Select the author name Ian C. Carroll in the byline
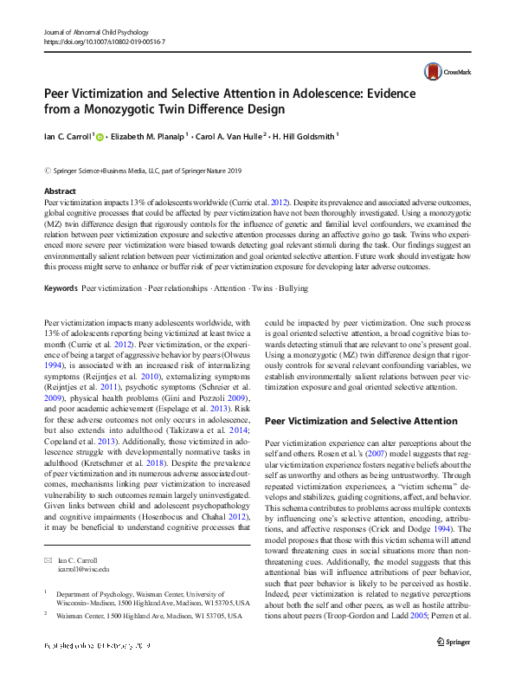click(x=68, y=136)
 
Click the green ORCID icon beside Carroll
click(x=100, y=136)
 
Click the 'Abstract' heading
click(x=60, y=191)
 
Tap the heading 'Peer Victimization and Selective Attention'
click(x=360, y=421)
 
